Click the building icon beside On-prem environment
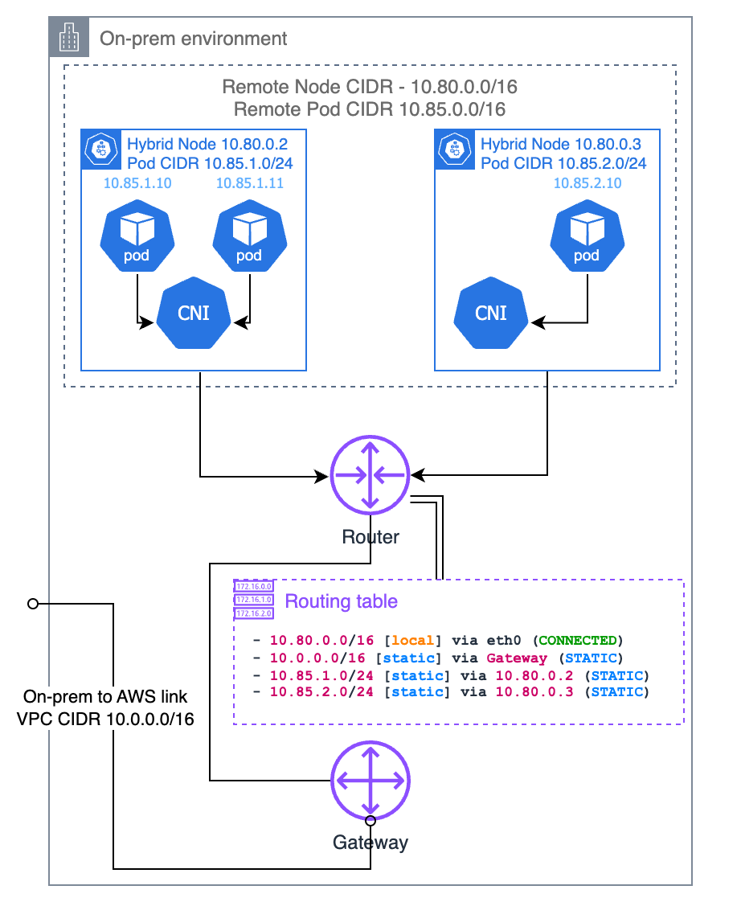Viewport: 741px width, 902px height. tap(69, 38)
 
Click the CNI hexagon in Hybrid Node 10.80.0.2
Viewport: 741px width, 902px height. tap(194, 312)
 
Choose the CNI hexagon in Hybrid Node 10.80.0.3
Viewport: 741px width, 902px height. tap(491, 312)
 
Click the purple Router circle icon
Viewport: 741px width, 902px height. tap(370, 477)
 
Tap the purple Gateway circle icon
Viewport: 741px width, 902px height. tap(370, 781)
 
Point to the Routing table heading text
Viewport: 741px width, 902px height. tap(342, 601)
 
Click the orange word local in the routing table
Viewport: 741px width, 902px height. tap(412, 641)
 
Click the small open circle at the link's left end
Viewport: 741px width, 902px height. tap(33, 603)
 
